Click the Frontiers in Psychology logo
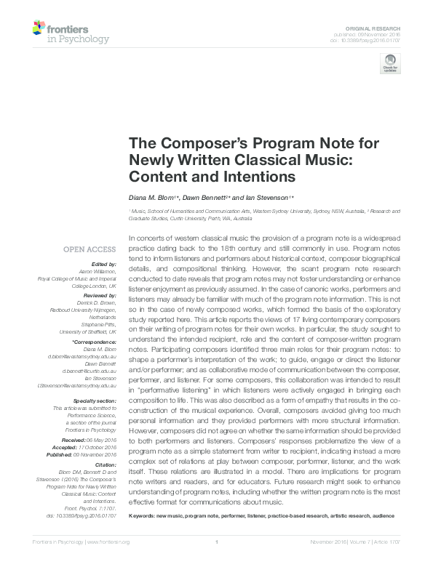pos(71,32)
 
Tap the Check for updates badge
pos(389,63)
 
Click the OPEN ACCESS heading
pos(92,249)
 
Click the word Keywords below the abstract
pos(143,535)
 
